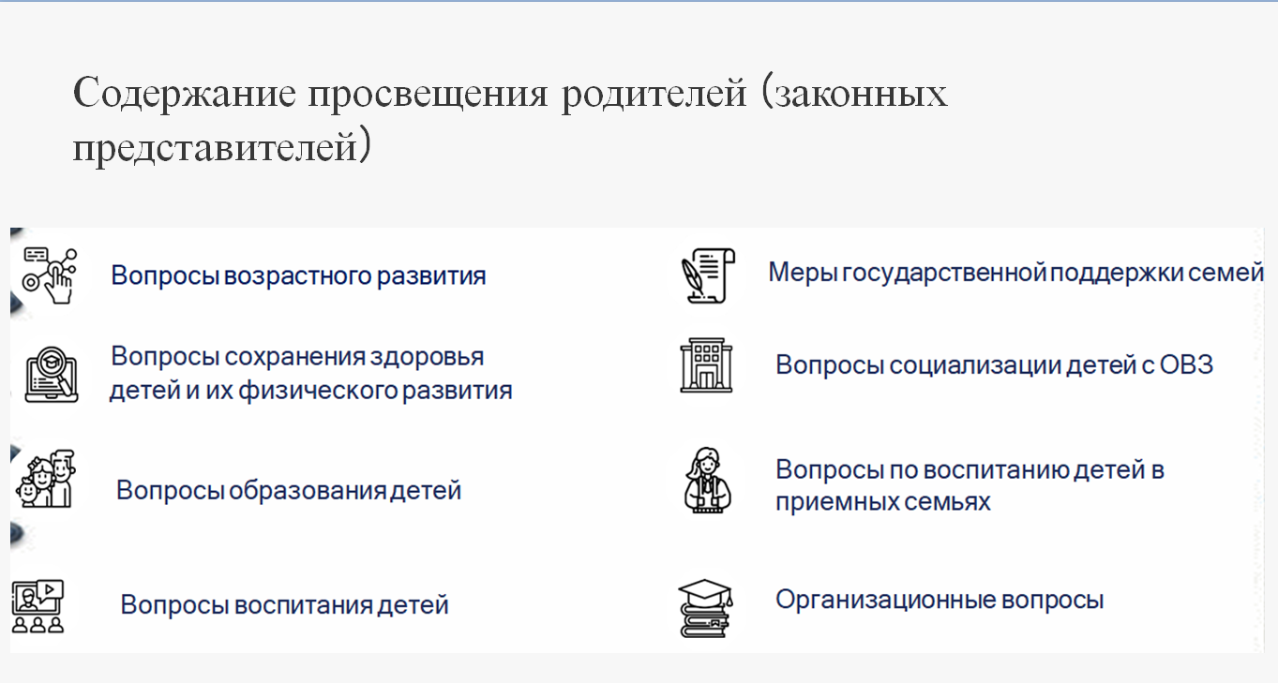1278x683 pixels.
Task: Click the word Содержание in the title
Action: coord(185,94)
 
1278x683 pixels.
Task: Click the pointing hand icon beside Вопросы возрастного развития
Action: coord(50,275)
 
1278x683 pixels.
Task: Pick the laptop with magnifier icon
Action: coord(52,374)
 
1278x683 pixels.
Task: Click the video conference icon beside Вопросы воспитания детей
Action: coord(38,606)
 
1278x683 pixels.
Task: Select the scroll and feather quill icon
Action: coord(708,275)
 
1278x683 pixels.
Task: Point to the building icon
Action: coord(706,364)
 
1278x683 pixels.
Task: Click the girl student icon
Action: coord(708,480)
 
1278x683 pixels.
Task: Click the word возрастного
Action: coord(298,276)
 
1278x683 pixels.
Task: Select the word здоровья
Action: coord(427,357)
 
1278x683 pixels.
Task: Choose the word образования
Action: coord(308,490)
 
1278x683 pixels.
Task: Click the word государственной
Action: coord(945,273)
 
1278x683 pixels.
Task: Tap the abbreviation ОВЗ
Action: coord(1186,364)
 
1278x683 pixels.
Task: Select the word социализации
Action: coord(975,365)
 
